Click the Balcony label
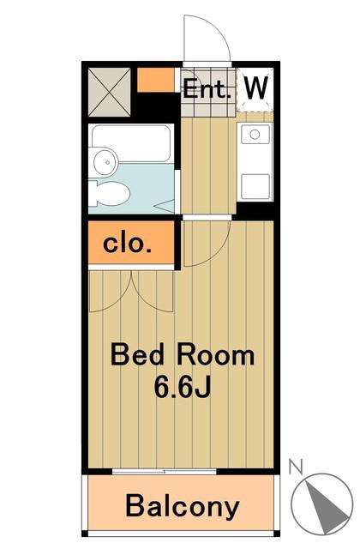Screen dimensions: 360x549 [183, 506]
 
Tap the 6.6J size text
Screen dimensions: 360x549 [183, 387]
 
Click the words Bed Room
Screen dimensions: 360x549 [183, 355]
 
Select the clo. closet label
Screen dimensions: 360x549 [128, 244]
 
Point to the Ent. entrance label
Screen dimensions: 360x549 [207, 89]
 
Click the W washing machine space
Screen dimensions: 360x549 [255, 90]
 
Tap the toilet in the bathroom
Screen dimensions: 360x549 [109, 193]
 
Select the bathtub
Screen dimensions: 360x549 [131, 143]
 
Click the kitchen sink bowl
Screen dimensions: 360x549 [255, 134]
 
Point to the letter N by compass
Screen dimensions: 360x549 [296, 468]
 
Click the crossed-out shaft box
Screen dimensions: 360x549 [110, 92]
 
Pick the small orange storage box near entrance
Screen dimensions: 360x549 [155, 80]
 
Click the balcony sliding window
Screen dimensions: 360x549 [165, 472]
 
